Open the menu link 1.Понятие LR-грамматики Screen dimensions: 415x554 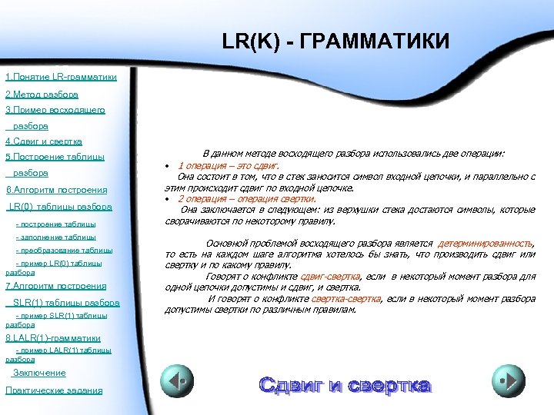click(x=61, y=78)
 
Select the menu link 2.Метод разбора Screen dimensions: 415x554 click(x=42, y=95)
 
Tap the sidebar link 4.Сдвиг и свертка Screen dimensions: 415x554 click(x=44, y=141)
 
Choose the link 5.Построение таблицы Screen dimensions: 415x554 click(x=55, y=158)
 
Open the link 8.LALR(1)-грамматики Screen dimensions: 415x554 click(x=53, y=337)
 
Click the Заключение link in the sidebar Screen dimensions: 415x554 click(x=39, y=373)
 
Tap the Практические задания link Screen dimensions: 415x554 click(x=53, y=390)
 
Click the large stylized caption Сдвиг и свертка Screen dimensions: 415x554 click(x=345, y=383)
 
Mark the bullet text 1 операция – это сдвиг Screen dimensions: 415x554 click(x=229, y=165)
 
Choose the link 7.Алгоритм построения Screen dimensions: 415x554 click(x=55, y=286)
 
